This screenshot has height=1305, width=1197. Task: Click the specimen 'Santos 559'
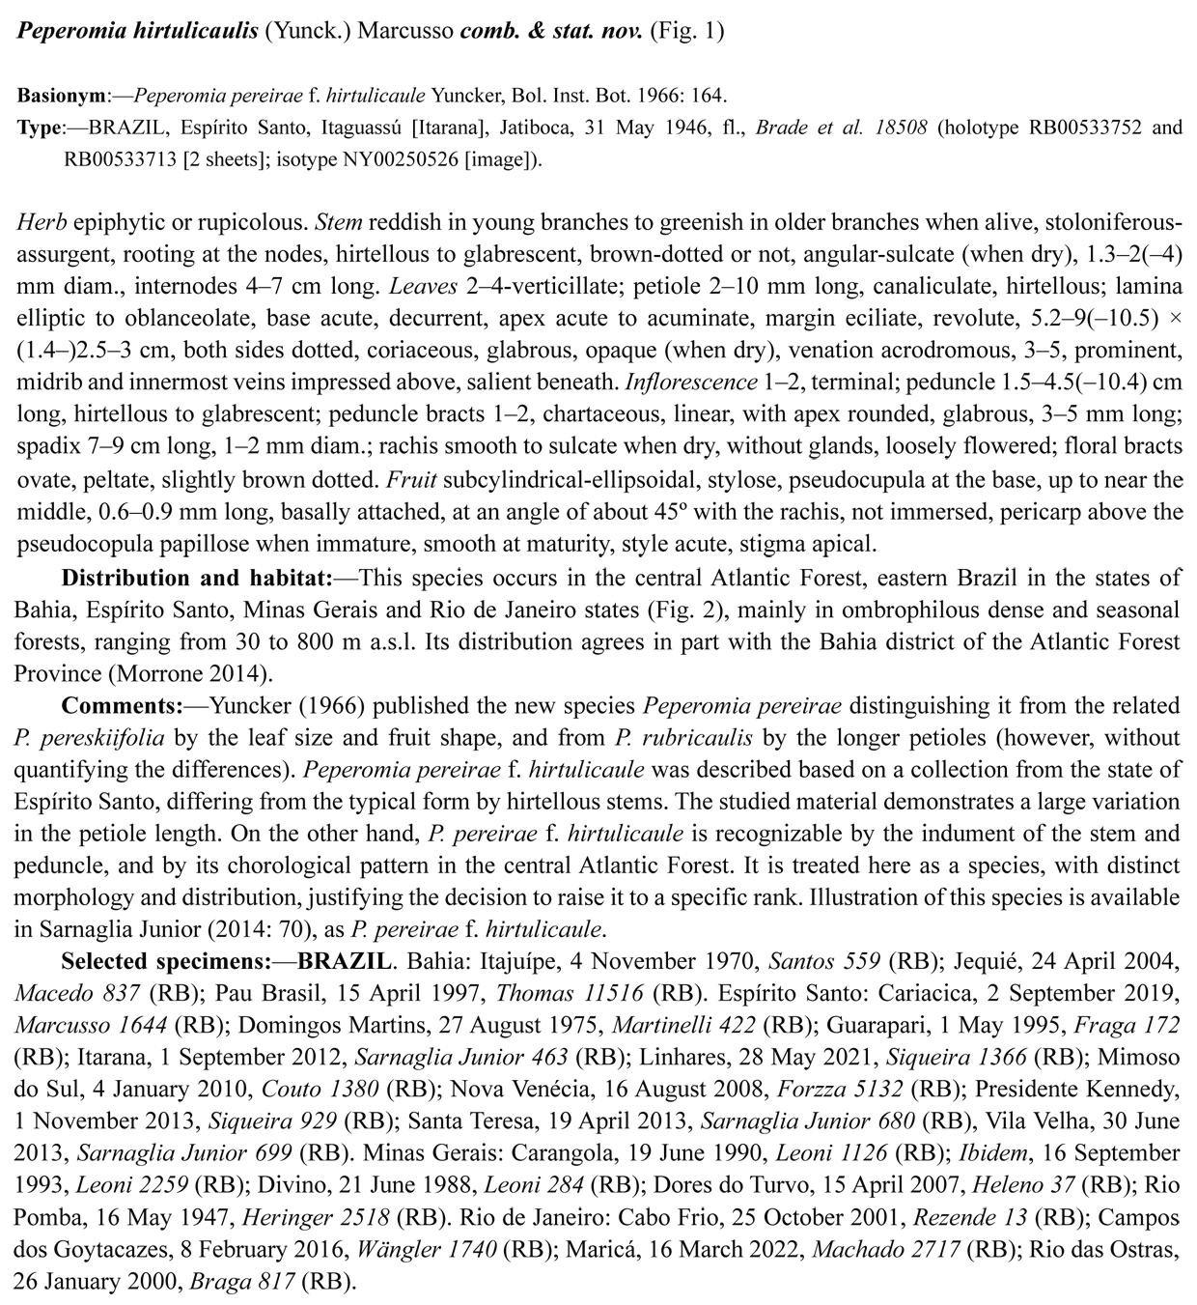[x=823, y=961]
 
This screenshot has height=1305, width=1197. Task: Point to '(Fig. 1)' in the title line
[x=686, y=30]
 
